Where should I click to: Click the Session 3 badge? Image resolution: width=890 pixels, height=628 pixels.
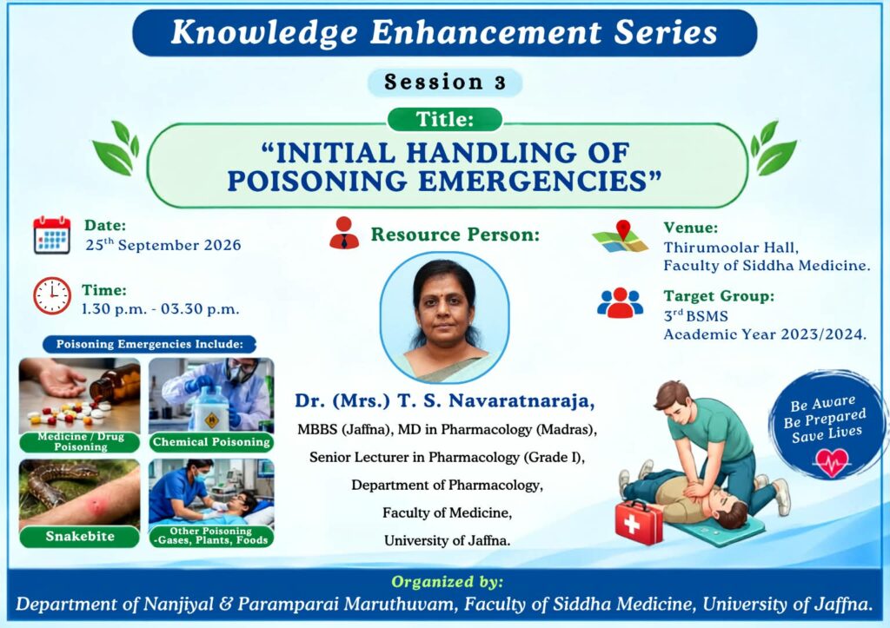pos(444,83)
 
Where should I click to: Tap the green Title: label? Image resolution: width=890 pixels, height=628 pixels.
pos(445,120)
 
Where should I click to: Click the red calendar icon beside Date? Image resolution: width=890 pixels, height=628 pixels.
pos(51,235)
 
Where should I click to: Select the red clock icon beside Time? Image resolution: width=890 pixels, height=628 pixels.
pos(52,296)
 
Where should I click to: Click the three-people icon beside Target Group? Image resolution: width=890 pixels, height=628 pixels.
pos(620,303)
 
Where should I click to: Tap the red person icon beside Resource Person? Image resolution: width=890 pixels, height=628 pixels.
pos(344,233)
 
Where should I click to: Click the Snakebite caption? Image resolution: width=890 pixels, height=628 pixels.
pos(79,536)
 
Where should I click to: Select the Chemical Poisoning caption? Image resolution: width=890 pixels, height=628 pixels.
pos(211,442)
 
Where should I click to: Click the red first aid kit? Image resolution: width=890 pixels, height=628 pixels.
pos(639,522)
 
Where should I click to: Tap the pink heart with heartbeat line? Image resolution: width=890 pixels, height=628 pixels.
pos(831,462)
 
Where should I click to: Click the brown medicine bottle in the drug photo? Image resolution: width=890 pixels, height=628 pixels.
pos(116,383)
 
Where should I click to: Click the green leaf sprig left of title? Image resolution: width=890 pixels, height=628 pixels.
pos(116,148)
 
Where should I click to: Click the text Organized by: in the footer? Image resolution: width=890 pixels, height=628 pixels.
pos(448,582)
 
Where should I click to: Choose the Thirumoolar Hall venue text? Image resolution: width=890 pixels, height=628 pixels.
pos(731,248)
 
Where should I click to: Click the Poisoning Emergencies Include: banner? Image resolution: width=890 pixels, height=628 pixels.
pos(149,344)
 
